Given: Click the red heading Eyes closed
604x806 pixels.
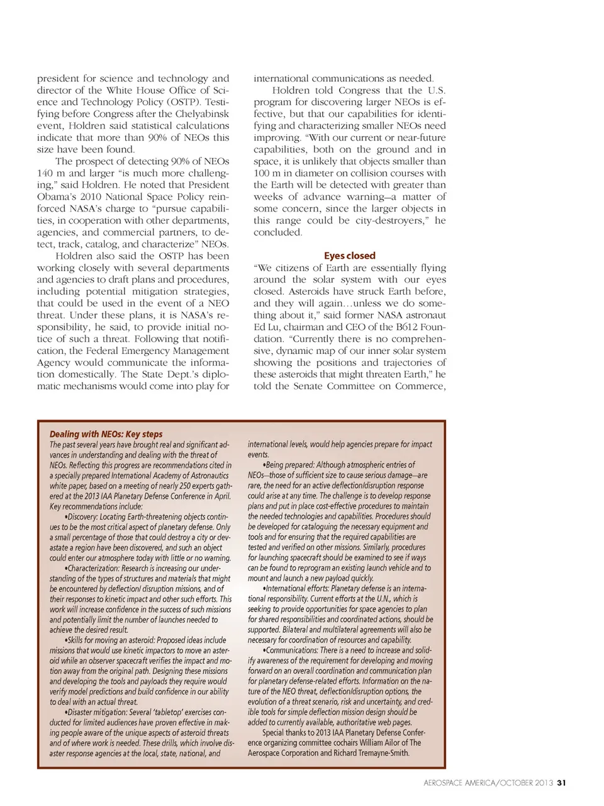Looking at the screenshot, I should click(349, 256).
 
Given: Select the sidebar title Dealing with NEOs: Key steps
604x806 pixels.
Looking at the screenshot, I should click(106, 434).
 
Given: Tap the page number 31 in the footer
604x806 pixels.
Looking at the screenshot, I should click(562, 783).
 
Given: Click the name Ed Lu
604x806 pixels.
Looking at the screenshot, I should click(265, 327).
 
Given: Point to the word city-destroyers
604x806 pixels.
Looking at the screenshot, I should click(389, 220).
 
